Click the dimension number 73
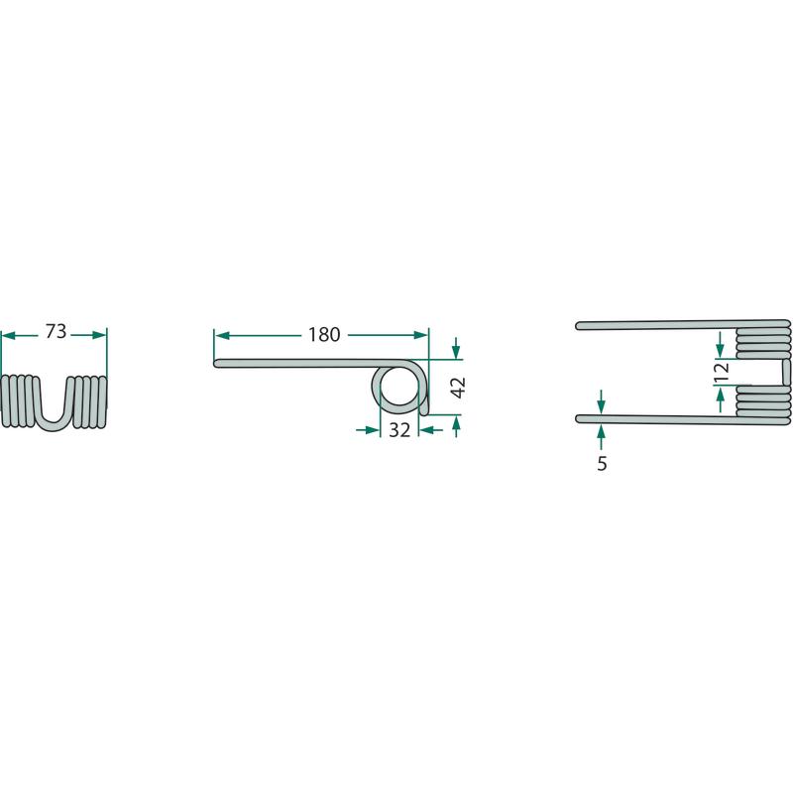(x=56, y=331)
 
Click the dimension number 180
(x=324, y=334)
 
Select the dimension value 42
(x=458, y=388)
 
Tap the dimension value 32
(x=399, y=430)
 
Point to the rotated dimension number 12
(x=723, y=371)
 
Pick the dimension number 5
(x=602, y=463)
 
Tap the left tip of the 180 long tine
(x=215, y=363)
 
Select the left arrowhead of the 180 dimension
(x=222, y=335)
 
